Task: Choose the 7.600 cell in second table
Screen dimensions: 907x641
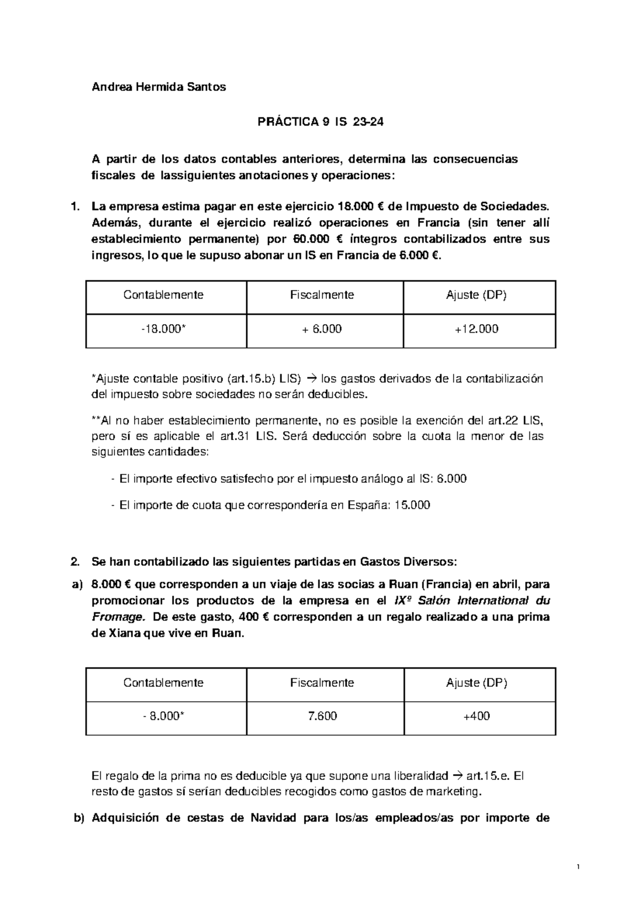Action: coord(322,716)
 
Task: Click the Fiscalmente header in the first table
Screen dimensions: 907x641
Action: coord(322,295)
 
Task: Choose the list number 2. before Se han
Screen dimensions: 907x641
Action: coord(76,562)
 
